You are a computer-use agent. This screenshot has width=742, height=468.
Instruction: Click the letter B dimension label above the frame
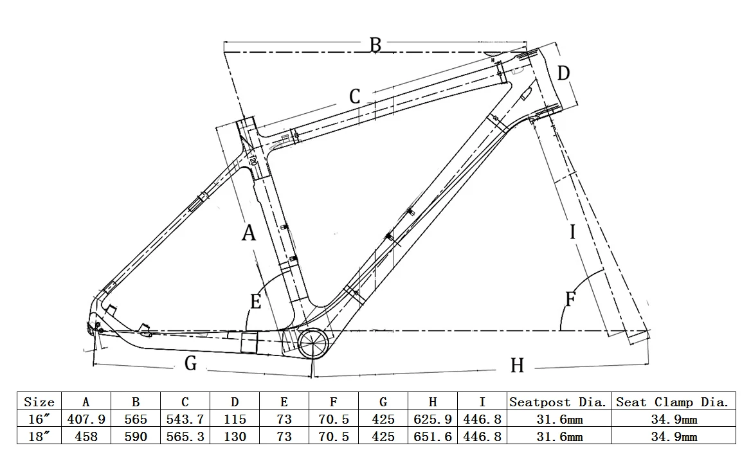tap(375, 45)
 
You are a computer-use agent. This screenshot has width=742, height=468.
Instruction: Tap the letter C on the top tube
tap(355, 96)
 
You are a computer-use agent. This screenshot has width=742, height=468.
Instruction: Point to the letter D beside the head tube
tap(563, 73)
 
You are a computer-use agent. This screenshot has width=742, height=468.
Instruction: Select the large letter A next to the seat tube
tap(249, 233)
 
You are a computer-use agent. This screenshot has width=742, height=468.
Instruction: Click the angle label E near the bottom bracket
tap(255, 301)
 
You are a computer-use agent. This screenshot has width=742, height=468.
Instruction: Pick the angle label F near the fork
tap(571, 299)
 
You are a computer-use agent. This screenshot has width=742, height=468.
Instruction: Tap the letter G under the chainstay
tap(190, 363)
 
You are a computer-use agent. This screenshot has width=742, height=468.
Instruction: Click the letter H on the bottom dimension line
tap(517, 365)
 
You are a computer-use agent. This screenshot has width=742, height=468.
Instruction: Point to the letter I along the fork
tap(573, 232)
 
